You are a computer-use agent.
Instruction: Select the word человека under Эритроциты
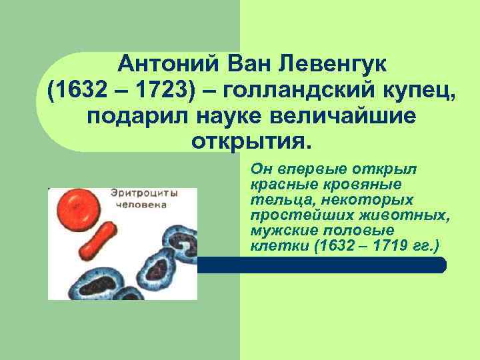click(x=141, y=205)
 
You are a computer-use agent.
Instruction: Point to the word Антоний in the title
click(x=159, y=66)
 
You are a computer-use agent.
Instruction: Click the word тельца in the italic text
click(x=273, y=199)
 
